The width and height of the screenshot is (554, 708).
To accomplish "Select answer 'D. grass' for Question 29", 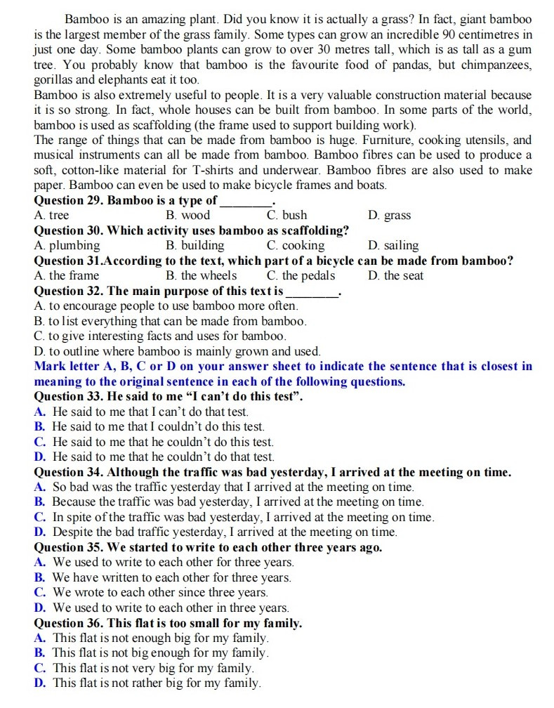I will (x=389, y=216).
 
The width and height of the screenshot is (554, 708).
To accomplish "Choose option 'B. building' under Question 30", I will (x=195, y=245).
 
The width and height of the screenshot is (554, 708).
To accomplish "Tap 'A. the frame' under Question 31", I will (x=67, y=275).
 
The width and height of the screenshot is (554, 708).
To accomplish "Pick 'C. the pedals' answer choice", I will (x=301, y=275).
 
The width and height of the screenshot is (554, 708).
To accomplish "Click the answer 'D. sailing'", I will (x=393, y=245).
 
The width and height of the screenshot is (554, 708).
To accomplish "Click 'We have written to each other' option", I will (x=171, y=577).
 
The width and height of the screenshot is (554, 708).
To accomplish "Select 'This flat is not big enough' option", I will (x=161, y=653).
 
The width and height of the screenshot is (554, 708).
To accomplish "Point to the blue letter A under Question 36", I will (x=39, y=638).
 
